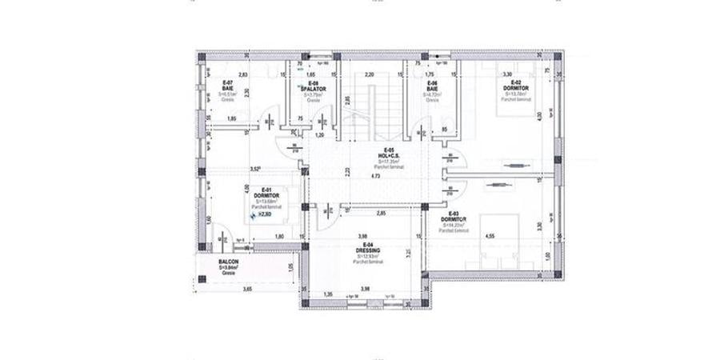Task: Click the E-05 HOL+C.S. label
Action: pyautogui.click(x=389, y=154)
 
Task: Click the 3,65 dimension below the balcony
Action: pyautogui.click(x=226, y=288)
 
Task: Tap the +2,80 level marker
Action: pyautogui.click(x=262, y=214)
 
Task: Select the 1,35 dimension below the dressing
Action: pyautogui.click(x=328, y=294)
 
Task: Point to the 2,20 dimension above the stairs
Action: pyautogui.click(x=370, y=74)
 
